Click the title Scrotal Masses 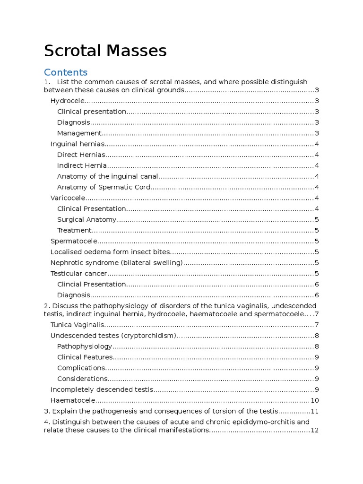click(105, 51)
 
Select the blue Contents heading click(66, 72)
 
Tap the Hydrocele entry click(68, 101)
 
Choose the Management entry click(79, 133)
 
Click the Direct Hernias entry click(81, 155)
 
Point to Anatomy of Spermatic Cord click(104, 187)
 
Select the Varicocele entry click(68, 198)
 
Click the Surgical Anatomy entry click(86, 219)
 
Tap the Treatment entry click(74, 230)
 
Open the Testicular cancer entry click(79, 274)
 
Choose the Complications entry click(81, 368)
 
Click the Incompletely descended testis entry click(102, 389)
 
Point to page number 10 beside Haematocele click(315, 400)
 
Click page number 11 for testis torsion click(315, 411)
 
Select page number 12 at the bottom click(315, 430)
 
